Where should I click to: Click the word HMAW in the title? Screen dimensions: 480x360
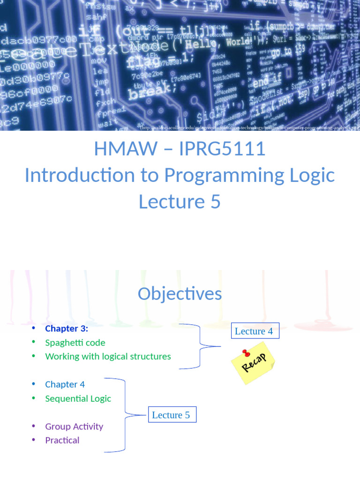coord(126,149)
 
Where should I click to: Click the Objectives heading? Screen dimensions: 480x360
coord(180,294)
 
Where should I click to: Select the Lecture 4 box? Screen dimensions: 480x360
coord(254,331)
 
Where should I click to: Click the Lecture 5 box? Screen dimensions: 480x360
coord(171,415)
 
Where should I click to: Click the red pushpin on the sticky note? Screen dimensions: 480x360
coord(245,352)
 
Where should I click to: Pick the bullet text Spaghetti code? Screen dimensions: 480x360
coord(75,343)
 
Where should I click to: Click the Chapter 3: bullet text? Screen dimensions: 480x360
coord(67,329)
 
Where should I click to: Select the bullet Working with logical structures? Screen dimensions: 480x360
coord(108,356)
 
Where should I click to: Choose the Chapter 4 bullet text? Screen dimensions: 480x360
coord(65,384)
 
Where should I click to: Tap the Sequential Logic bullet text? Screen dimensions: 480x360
coord(78,398)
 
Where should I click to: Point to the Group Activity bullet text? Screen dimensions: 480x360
coord(74,427)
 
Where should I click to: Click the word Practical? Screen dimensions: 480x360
coord(62,440)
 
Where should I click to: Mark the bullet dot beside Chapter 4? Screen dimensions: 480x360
coord(33,384)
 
